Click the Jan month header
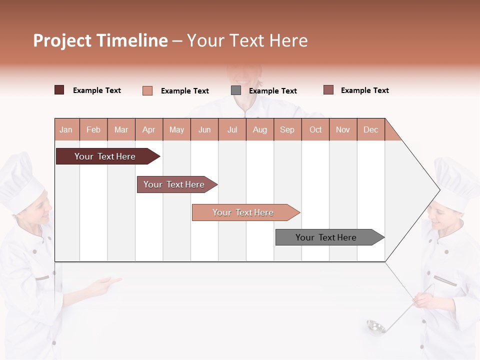[x=66, y=129]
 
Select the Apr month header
[x=148, y=129]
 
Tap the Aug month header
[x=259, y=129]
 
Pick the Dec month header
[x=370, y=129]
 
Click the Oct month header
[x=315, y=129]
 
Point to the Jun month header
[x=204, y=129]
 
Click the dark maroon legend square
[x=59, y=90]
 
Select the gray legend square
[x=236, y=90]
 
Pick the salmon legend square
[x=147, y=90]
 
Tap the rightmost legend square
[x=328, y=90]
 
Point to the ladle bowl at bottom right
[x=375, y=326]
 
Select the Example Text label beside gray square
[x=272, y=90]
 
